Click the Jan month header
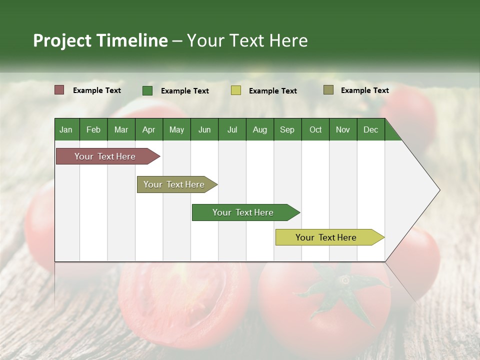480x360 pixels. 66,129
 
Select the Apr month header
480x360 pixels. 149,129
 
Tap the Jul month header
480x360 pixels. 232,129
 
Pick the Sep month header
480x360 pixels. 287,129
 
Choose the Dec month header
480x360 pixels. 370,129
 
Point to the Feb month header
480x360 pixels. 93,129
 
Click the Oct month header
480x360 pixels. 315,129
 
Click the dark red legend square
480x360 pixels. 59,90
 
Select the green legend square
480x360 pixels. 147,90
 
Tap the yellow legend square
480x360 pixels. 236,90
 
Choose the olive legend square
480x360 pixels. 328,90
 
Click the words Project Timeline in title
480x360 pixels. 100,40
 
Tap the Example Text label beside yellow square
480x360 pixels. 272,91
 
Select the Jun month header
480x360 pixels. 204,129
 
